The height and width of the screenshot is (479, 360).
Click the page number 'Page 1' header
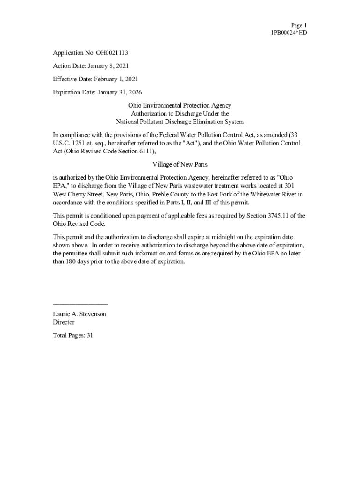298,25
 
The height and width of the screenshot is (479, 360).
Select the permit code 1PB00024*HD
289,33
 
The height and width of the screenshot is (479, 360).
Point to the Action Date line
91,66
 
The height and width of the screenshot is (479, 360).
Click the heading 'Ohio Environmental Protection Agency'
180,106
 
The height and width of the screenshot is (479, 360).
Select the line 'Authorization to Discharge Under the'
180,114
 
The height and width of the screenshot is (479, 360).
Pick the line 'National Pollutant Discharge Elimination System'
180,122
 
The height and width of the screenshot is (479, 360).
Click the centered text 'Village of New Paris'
180,165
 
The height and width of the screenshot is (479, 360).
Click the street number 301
289,186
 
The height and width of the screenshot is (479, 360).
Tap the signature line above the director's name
80,304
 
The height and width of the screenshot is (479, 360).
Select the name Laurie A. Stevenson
79,314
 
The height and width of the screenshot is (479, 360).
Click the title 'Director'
64,322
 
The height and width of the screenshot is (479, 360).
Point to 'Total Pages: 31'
73,335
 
